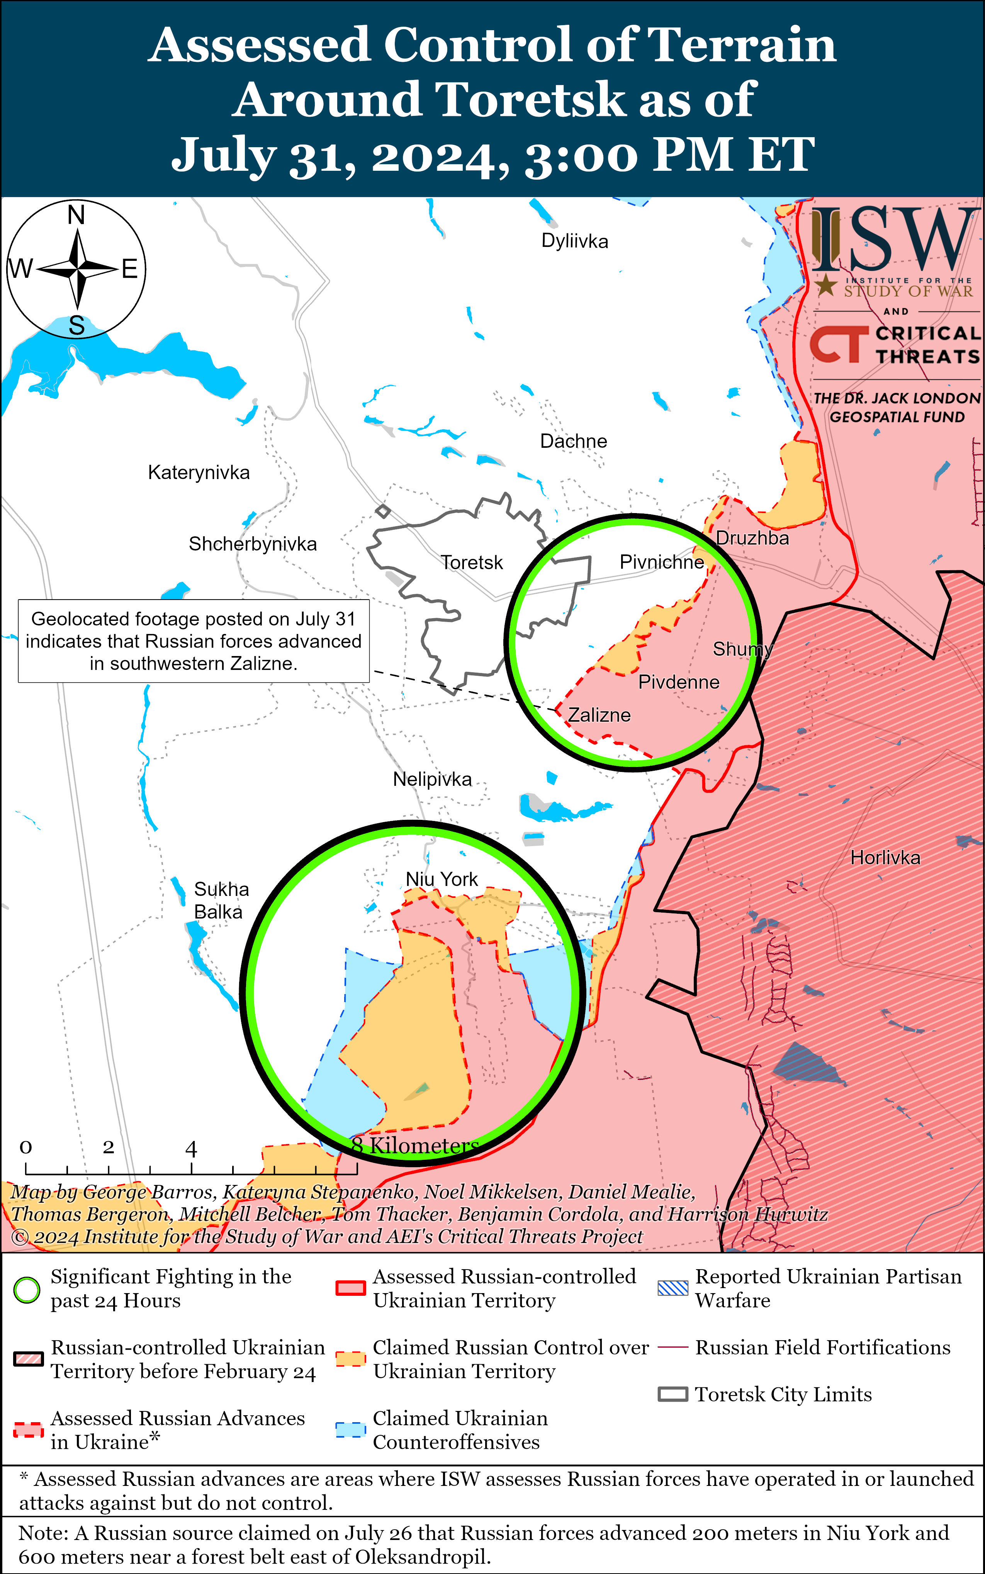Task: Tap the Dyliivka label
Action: pyautogui.click(x=575, y=241)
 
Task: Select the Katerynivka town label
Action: pyautogui.click(x=199, y=473)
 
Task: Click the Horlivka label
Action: pyautogui.click(x=885, y=857)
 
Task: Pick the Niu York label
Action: pyautogui.click(x=442, y=879)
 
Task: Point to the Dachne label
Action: pyautogui.click(x=573, y=441)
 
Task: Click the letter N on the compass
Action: pyautogui.click(x=76, y=215)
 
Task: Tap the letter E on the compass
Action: pyautogui.click(x=130, y=269)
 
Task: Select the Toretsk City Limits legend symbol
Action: pyautogui.click(x=673, y=1395)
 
